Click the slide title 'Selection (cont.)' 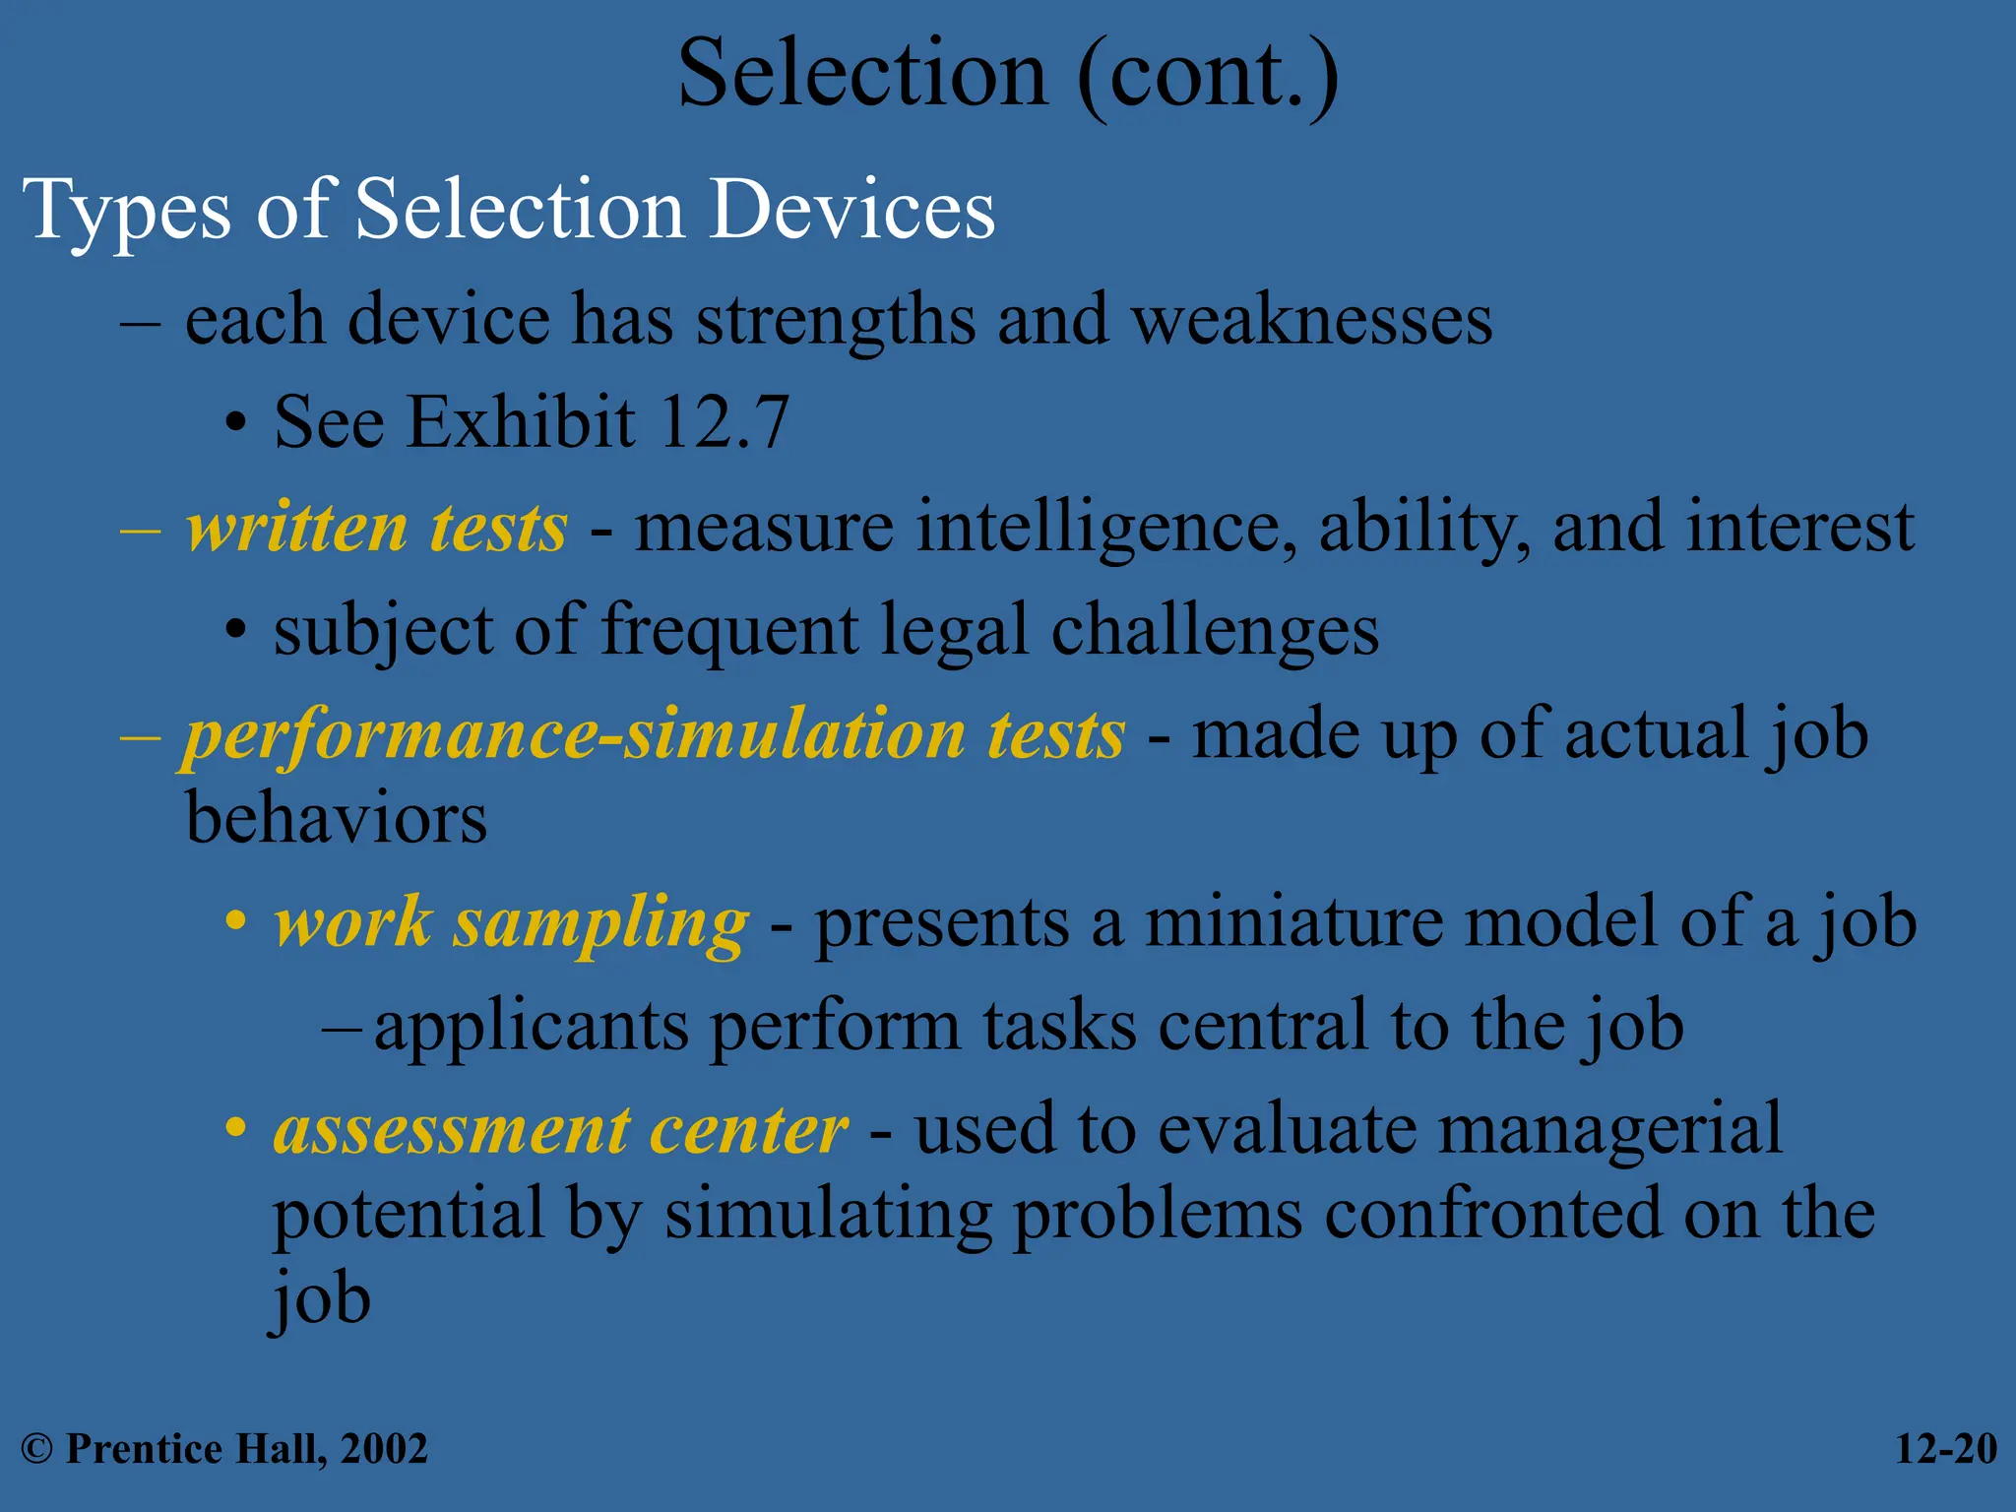(1008, 75)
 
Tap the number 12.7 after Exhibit (724, 422)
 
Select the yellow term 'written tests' (376, 528)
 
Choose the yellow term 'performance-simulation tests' (654, 734)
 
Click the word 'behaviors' (336, 819)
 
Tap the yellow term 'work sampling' (511, 923)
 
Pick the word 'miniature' (1292, 923)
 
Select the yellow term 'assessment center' (560, 1130)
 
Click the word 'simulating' (828, 1215)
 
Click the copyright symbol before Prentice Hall (36, 1449)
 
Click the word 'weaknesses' (1311, 321)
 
